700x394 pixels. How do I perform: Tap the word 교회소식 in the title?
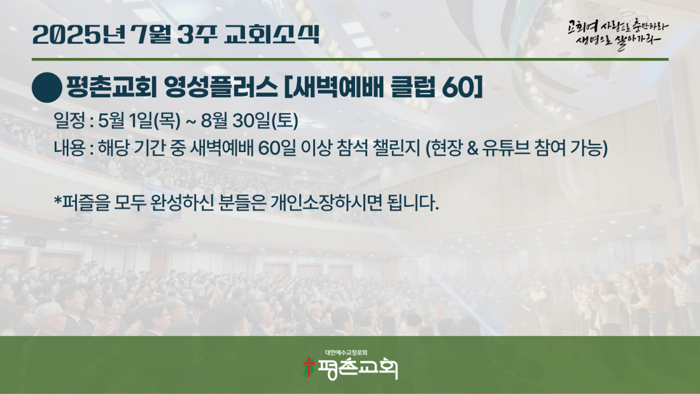click(272, 34)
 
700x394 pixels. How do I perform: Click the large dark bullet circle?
click(47, 88)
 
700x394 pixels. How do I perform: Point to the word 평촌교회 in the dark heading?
click(111, 87)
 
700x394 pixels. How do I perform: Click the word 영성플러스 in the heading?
click(221, 87)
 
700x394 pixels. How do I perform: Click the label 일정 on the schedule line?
click(69, 120)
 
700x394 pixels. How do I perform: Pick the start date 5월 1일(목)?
click(139, 120)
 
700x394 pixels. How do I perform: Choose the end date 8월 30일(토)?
click(249, 120)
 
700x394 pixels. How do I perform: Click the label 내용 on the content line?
click(69, 148)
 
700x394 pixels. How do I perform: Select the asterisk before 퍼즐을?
click(57, 200)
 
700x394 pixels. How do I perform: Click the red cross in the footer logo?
click(308, 367)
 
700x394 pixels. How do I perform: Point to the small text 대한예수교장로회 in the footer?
click(346, 353)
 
